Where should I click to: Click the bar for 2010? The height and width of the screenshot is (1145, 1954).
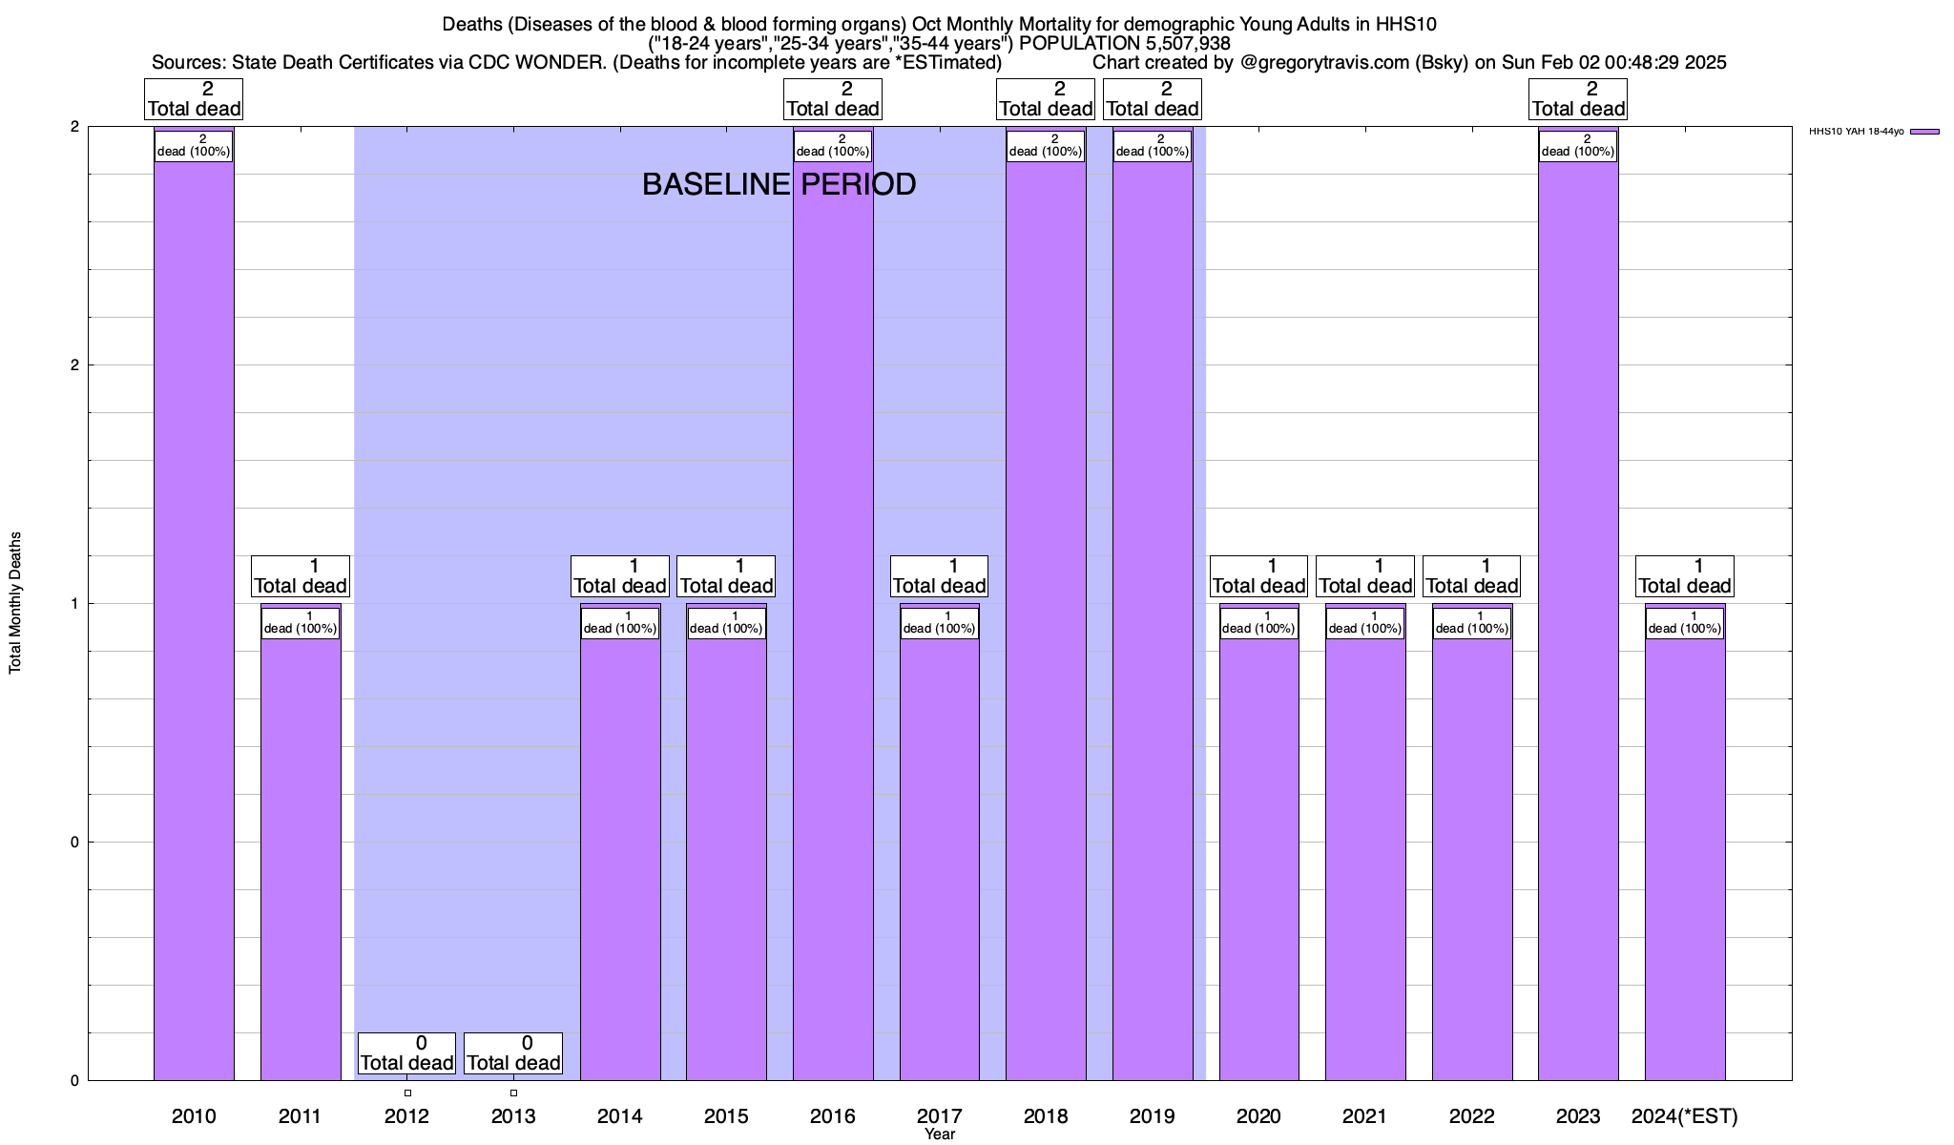click(x=194, y=620)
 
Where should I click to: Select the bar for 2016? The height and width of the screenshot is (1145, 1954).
click(x=833, y=620)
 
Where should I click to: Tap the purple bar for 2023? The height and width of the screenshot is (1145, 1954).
click(x=1578, y=620)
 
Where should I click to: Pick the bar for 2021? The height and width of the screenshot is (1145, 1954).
click(x=1365, y=859)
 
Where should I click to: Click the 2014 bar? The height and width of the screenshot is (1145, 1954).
click(x=620, y=859)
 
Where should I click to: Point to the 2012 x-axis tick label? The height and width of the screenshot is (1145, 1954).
click(x=406, y=1115)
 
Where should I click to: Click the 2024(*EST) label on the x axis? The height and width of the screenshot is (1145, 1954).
click(x=1685, y=1115)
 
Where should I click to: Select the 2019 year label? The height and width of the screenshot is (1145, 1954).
click(x=1153, y=1115)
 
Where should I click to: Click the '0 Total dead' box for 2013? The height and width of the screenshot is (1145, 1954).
click(x=513, y=1053)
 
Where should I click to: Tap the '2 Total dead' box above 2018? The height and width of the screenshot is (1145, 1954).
click(x=1046, y=99)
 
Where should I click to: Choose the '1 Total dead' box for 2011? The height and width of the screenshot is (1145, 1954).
click(x=301, y=576)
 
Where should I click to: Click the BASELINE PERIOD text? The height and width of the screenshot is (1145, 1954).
click(x=779, y=184)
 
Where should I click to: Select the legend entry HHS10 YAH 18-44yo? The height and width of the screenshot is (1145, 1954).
click(x=1856, y=132)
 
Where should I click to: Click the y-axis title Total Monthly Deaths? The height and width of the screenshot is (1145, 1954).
click(x=15, y=603)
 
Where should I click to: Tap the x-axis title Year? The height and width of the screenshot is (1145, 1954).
click(x=940, y=1135)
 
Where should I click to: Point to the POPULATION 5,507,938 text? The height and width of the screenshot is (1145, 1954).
click(x=1125, y=43)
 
